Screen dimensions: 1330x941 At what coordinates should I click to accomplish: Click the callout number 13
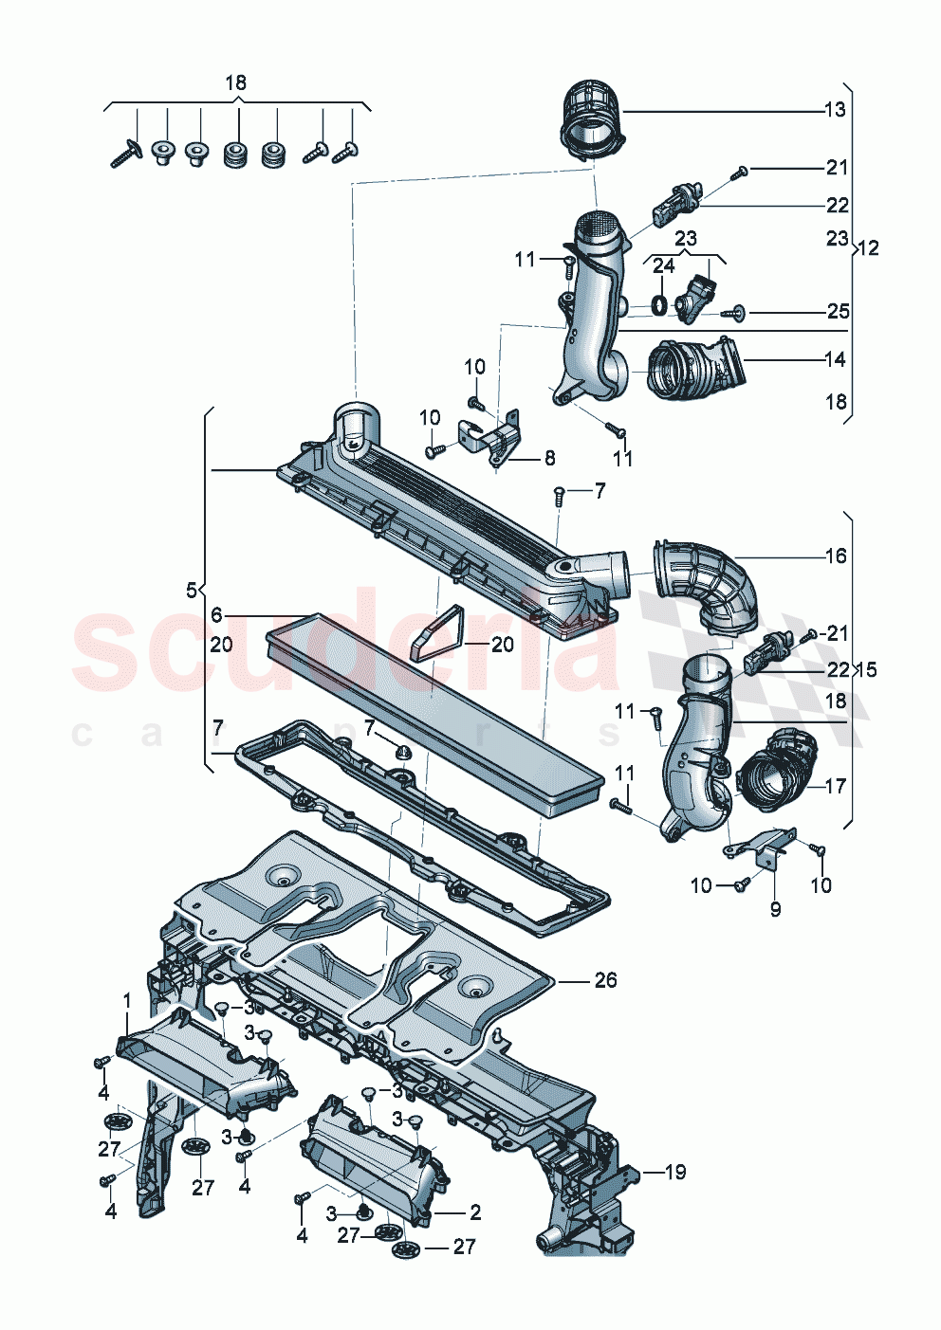[834, 110]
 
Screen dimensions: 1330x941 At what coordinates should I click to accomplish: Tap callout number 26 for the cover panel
[605, 980]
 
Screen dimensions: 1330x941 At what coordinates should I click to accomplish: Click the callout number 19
[674, 1173]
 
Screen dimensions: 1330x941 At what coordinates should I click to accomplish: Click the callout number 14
[835, 360]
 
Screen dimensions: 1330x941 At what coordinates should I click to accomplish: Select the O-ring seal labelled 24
[658, 305]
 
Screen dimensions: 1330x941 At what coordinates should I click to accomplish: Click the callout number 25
[838, 312]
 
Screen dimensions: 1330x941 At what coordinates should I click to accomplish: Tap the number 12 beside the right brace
[868, 248]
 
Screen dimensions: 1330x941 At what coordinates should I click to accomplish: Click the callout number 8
[549, 459]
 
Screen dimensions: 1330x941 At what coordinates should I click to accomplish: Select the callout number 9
[775, 910]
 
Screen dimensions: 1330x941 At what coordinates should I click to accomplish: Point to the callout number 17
[835, 786]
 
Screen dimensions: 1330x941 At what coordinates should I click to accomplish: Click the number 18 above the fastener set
[235, 83]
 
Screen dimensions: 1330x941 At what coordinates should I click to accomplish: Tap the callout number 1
[127, 1001]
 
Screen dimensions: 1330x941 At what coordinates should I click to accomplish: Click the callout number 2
[475, 1212]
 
